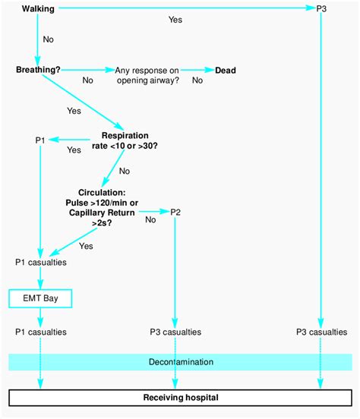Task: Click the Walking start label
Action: coord(38,8)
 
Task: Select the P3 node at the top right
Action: coord(321,8)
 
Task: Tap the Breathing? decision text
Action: coord(38,70)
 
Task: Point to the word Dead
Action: coord(226,70)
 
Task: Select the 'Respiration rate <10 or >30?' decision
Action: coord(125,140)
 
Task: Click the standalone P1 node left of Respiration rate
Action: coord(42,140)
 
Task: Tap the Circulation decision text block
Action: coord(102,208)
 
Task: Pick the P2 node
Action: coord(175,211)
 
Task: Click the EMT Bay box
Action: coord(40,299)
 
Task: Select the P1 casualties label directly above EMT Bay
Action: coord(40,263)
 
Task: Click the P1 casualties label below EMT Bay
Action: coord(40,332)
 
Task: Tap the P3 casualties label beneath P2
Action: coord(175,332)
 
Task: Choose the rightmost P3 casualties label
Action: coord(322,332)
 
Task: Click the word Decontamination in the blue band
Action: coord(180,362)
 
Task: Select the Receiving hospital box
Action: coord(180,397)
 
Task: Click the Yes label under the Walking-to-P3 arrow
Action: coord(175,20)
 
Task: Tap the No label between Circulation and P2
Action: coord(150,220)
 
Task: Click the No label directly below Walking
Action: coord(49,38)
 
